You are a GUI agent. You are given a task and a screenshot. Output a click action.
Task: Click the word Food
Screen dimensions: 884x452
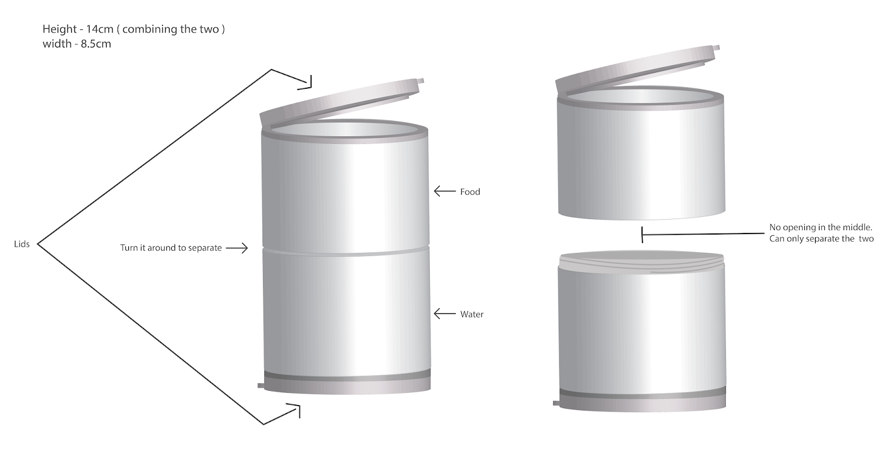point(470,192)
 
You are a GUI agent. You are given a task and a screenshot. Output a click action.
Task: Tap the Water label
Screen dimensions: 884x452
point(472,315)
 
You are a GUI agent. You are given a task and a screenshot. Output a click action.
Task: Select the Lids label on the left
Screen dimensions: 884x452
point(22,244)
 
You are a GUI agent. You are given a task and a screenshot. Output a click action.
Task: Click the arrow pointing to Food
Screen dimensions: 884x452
point(444,192)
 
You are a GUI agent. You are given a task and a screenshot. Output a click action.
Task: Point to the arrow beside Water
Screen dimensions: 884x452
point(444,314)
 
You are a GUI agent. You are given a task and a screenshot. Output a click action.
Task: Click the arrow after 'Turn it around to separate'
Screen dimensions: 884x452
point(237,248)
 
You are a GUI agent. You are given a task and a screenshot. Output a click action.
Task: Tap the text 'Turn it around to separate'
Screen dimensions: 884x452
point(171,248)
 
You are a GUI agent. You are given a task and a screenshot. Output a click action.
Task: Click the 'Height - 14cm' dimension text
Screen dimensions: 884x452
point(78,29)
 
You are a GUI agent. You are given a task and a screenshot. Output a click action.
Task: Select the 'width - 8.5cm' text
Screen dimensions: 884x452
point(77,44)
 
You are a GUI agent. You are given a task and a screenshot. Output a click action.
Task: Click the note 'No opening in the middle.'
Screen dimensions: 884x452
point(820,227)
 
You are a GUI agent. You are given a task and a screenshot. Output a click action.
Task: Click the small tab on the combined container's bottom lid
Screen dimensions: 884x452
point(261,385)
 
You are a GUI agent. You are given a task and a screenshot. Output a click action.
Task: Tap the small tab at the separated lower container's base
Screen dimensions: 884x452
point(556,403)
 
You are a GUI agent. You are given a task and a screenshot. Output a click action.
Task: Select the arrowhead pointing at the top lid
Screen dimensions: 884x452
point(305,82)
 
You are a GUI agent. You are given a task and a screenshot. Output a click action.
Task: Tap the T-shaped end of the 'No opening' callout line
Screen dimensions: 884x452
point(642,235)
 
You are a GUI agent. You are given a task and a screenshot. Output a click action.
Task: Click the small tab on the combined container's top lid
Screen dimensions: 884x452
point(420,81)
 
